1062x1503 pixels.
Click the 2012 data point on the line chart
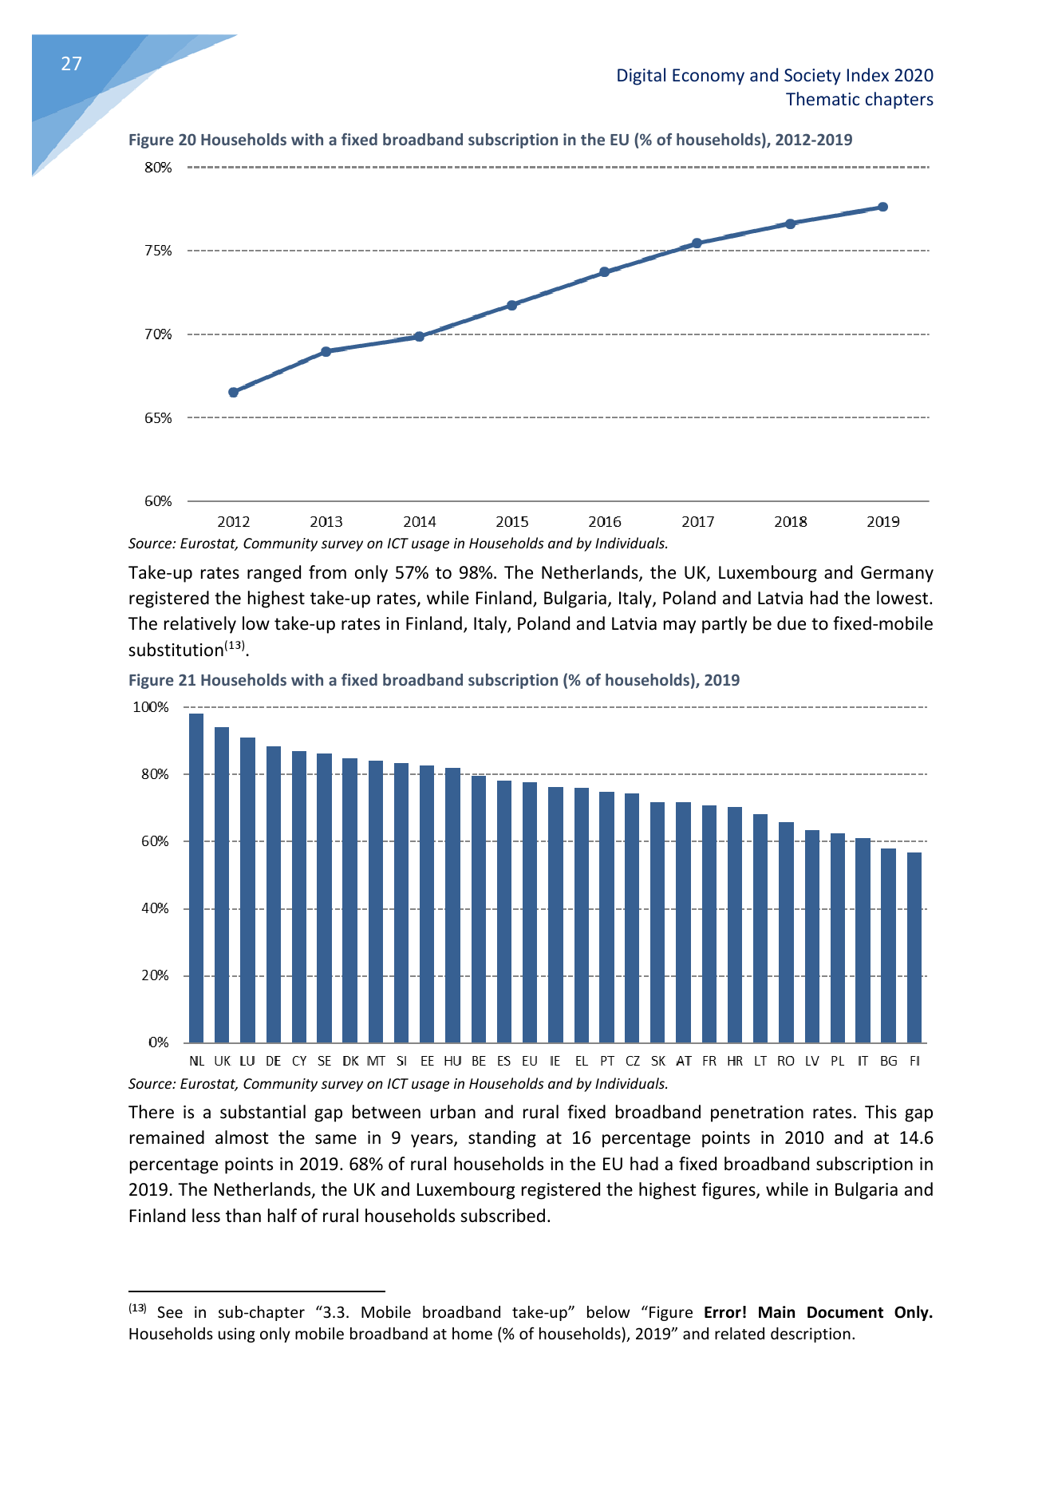(233, 392)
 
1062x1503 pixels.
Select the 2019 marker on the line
(882, 207)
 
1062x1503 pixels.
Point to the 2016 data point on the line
(604, 271)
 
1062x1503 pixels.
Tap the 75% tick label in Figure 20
(158, 251)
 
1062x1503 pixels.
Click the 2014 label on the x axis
(419, 522)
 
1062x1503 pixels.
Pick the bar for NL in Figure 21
(196, 878)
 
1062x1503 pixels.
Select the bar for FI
(914, 947)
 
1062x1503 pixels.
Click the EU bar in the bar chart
(530, 912)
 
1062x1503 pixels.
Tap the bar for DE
(274, 894)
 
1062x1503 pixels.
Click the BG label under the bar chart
(888, 1061)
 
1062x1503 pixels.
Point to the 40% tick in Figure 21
(156, 908)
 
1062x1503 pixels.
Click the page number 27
(72, 64)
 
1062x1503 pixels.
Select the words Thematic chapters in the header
(859, 100)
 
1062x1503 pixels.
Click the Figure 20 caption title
(490, 140)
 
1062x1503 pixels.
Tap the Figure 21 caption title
(434, 680)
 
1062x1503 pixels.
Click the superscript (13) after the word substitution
(235, 646)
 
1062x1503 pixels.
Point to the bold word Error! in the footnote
(725, 1312)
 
